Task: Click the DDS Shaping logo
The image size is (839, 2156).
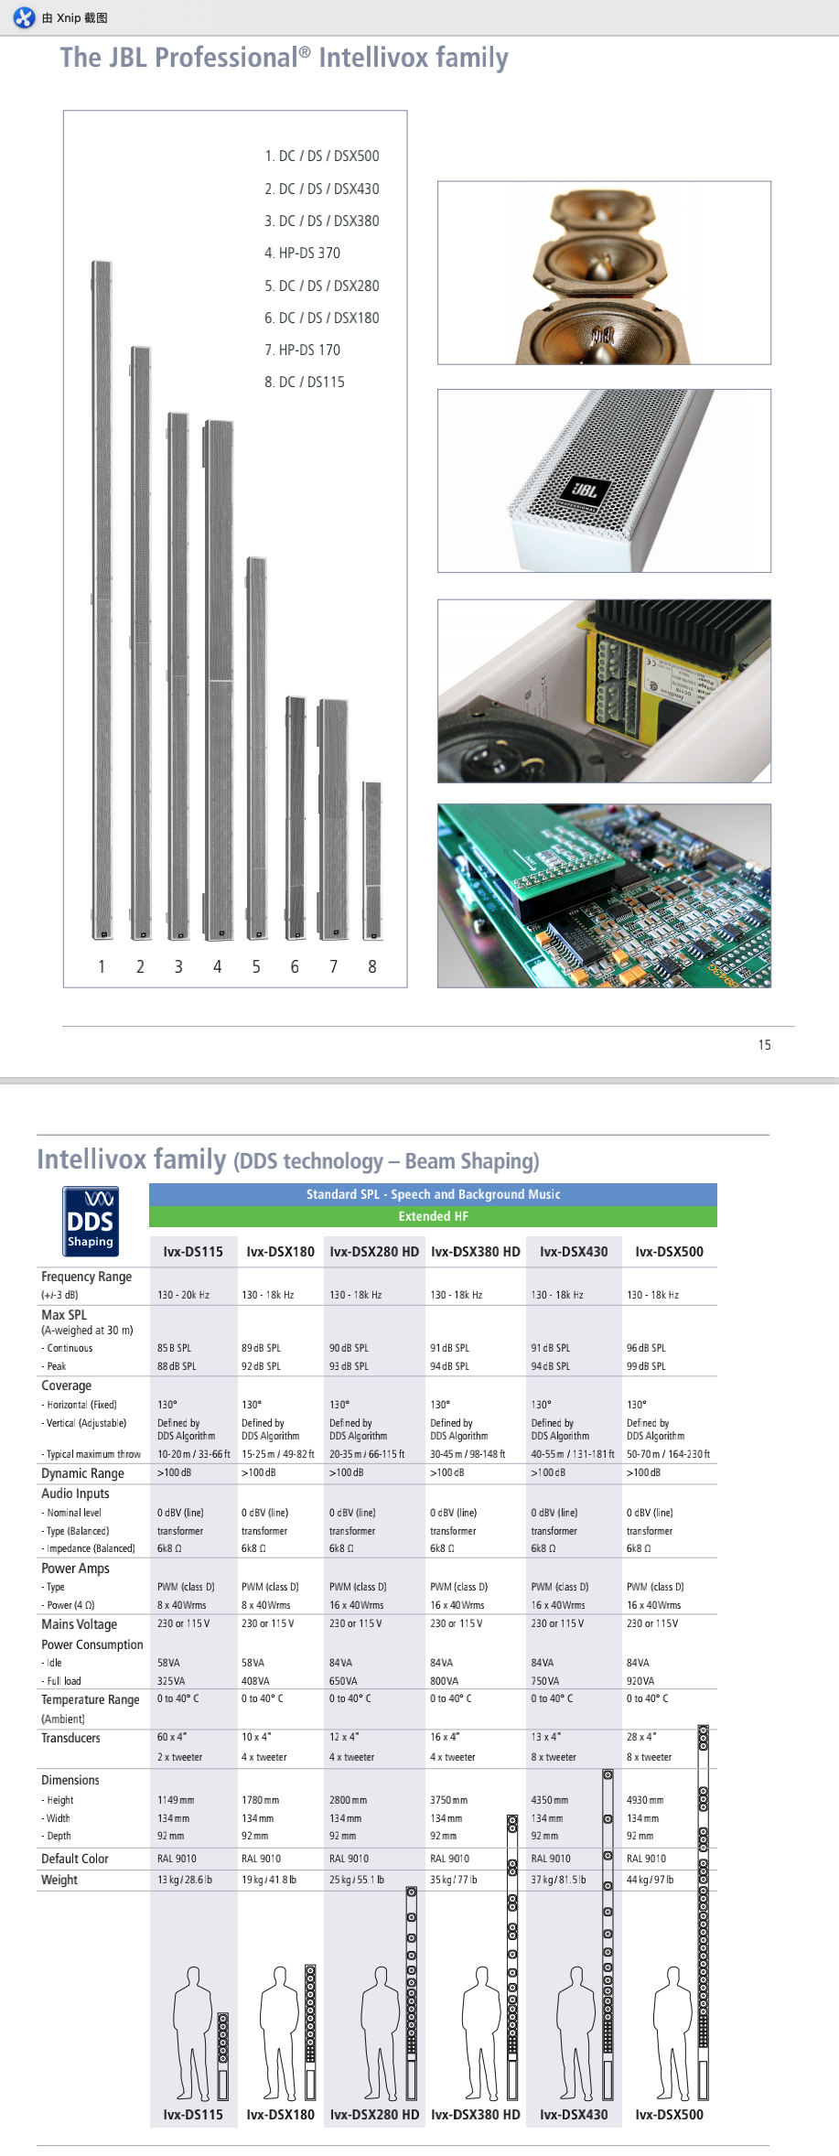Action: coord(91,1221)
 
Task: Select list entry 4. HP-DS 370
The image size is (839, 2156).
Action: coord(302,253)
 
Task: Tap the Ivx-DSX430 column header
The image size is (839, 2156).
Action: coord(574,1252)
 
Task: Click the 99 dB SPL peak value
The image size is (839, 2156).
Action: coord(646,1366)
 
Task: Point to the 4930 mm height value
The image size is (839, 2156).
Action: coord(645,1800)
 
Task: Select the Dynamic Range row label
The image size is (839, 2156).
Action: coord(82,1473)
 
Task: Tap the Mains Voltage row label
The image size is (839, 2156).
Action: coord(80,1624)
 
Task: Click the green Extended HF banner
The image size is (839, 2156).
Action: coord(433,1216)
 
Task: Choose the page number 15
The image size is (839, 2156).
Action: coord(764,1045)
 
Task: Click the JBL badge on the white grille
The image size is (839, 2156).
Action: coord(584,491)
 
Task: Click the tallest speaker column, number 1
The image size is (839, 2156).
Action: coord(102,599)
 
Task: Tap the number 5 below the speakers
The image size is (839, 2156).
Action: coord(256,967)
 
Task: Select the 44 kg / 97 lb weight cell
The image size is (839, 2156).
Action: coord(650,1880)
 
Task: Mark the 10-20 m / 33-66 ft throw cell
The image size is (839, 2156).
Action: coord(194,1454)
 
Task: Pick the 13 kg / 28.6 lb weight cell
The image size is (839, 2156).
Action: coord(185,1880)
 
